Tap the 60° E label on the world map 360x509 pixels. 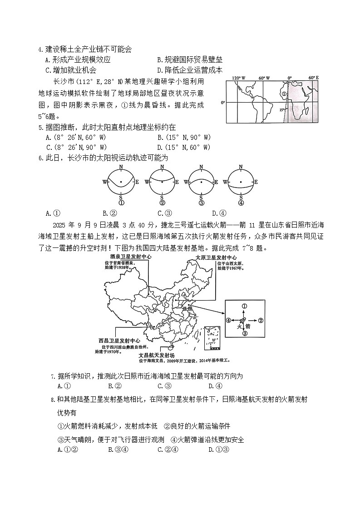click(x=313, y=78)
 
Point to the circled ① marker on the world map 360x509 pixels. click(x=284, y=94)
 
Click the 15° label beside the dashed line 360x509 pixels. click(x=282, y=109)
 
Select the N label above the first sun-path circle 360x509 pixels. click(x=121, y=167)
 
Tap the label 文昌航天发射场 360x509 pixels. click(x=156, y=355)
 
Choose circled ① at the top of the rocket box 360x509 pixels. click(x=244, y=306)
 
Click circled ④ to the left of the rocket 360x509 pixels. click(x=228, y=320)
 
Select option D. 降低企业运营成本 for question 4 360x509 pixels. click(x=189, y=70)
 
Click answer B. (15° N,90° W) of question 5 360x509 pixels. click(x=183, y=137)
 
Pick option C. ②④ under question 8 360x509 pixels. click(x=168, y=450)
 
